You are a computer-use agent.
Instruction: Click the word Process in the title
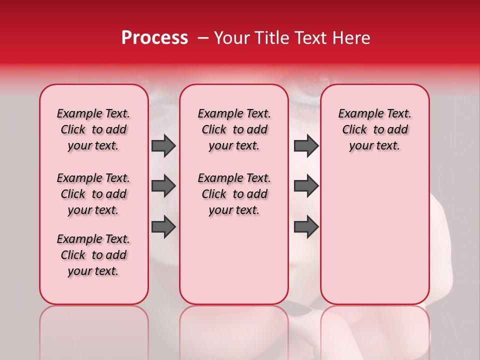[x=154, y=38]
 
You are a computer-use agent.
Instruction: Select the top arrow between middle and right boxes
[x=306, y=145]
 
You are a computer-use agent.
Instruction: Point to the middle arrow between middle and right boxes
[x=306, y=186]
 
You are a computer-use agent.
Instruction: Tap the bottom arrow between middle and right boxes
[x=306, y=227]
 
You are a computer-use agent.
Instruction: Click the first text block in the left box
[x=93, y=129]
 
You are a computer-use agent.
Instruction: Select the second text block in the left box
[x=93, y=194]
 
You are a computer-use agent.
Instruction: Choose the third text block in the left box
[x=93, y=255]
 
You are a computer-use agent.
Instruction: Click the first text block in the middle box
[x=234, y=129]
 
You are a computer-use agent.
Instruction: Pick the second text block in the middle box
[x=234, y=194]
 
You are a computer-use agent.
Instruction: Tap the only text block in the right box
[x=374, y=129]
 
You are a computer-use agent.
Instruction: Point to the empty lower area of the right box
[x=374, y=240]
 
